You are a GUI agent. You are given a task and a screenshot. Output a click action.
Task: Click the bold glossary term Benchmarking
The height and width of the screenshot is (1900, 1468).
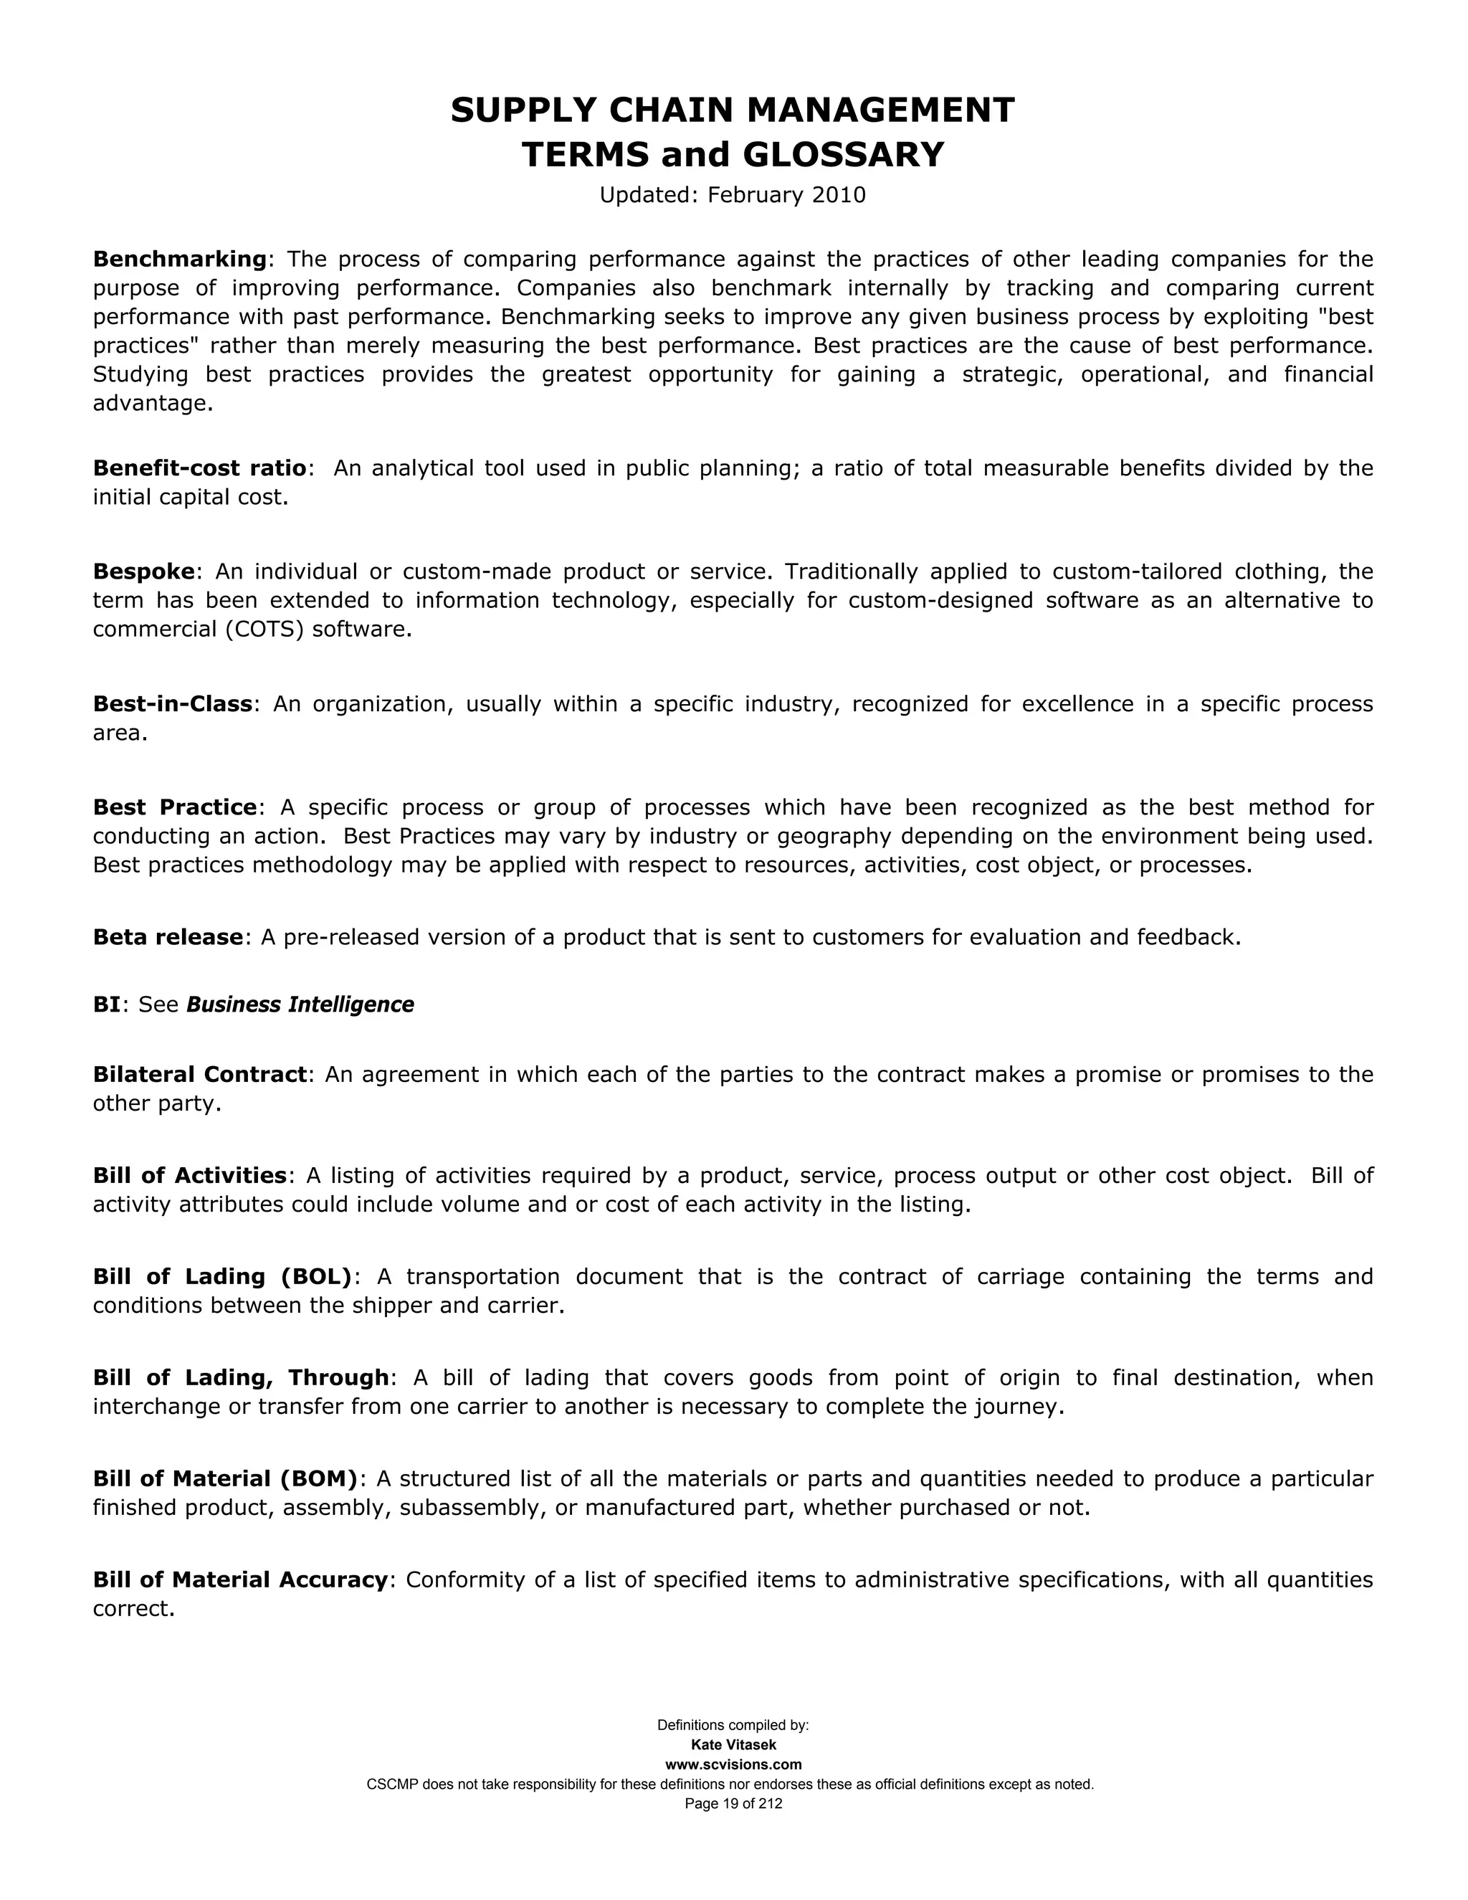click(x=179, y=260)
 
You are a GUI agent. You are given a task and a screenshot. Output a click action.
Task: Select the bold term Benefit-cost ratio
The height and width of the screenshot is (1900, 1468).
click(x=199, y=468)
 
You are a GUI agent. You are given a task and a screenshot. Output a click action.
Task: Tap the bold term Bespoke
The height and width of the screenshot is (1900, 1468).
click(x=143, y=571)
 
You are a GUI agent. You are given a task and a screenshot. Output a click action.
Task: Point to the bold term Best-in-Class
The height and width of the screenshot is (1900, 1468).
click(x=172, y=704)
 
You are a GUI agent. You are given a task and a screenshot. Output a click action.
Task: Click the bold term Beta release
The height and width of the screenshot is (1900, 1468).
click(x=168, y=937)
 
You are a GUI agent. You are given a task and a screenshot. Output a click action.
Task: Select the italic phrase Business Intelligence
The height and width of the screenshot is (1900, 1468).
click(x=300, y=1004)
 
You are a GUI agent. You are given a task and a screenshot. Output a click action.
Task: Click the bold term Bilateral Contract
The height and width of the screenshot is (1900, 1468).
click(x=200, y=1075)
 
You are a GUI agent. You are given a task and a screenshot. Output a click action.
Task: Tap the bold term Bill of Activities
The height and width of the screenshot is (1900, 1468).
click(x=189, y=1175)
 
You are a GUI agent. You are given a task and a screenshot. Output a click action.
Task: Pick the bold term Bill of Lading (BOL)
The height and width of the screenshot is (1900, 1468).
click(x=221, y=1276)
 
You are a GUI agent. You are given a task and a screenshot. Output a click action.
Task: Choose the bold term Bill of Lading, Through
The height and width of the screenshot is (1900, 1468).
click(x=241, y=1377)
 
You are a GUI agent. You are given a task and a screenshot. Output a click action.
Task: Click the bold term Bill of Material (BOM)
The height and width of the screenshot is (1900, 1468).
click(x=225, y=1478)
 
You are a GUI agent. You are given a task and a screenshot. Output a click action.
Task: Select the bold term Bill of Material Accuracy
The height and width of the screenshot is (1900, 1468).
click(x=240, y=1579)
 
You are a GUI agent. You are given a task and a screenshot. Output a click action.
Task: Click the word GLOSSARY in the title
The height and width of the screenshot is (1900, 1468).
click(x=843, y=155)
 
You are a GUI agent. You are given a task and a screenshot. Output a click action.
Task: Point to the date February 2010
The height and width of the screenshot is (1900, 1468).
click(x=786, y=195)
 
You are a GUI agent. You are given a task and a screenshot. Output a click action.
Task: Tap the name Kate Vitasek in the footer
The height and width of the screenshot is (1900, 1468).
click(x=733, y=1744)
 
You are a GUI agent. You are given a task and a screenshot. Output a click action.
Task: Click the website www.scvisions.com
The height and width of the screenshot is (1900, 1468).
click(x=733, y=1764)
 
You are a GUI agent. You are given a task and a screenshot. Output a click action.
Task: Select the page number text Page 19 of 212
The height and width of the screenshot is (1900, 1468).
click(x=733, y=1803)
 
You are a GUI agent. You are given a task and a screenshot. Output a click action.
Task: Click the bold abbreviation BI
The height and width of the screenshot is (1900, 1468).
click(x=106, y=1004)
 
